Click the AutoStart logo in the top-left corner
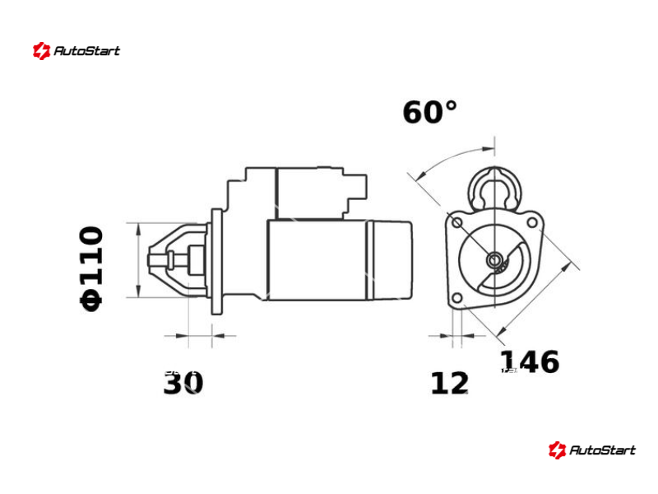point(76,51)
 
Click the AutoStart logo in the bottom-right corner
point(592,450)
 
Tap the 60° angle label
point(429,113)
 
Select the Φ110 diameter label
point(91,268)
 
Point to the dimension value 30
point(183,384)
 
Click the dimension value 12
point(449,384)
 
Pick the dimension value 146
point(530,362)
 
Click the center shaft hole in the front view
point(494,260)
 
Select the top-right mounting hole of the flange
point(532,222)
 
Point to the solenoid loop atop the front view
point(494,188)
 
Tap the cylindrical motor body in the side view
point(317,259)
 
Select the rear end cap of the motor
point(392,259)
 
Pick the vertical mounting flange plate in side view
point(216,261)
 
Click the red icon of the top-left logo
point(41,51)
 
